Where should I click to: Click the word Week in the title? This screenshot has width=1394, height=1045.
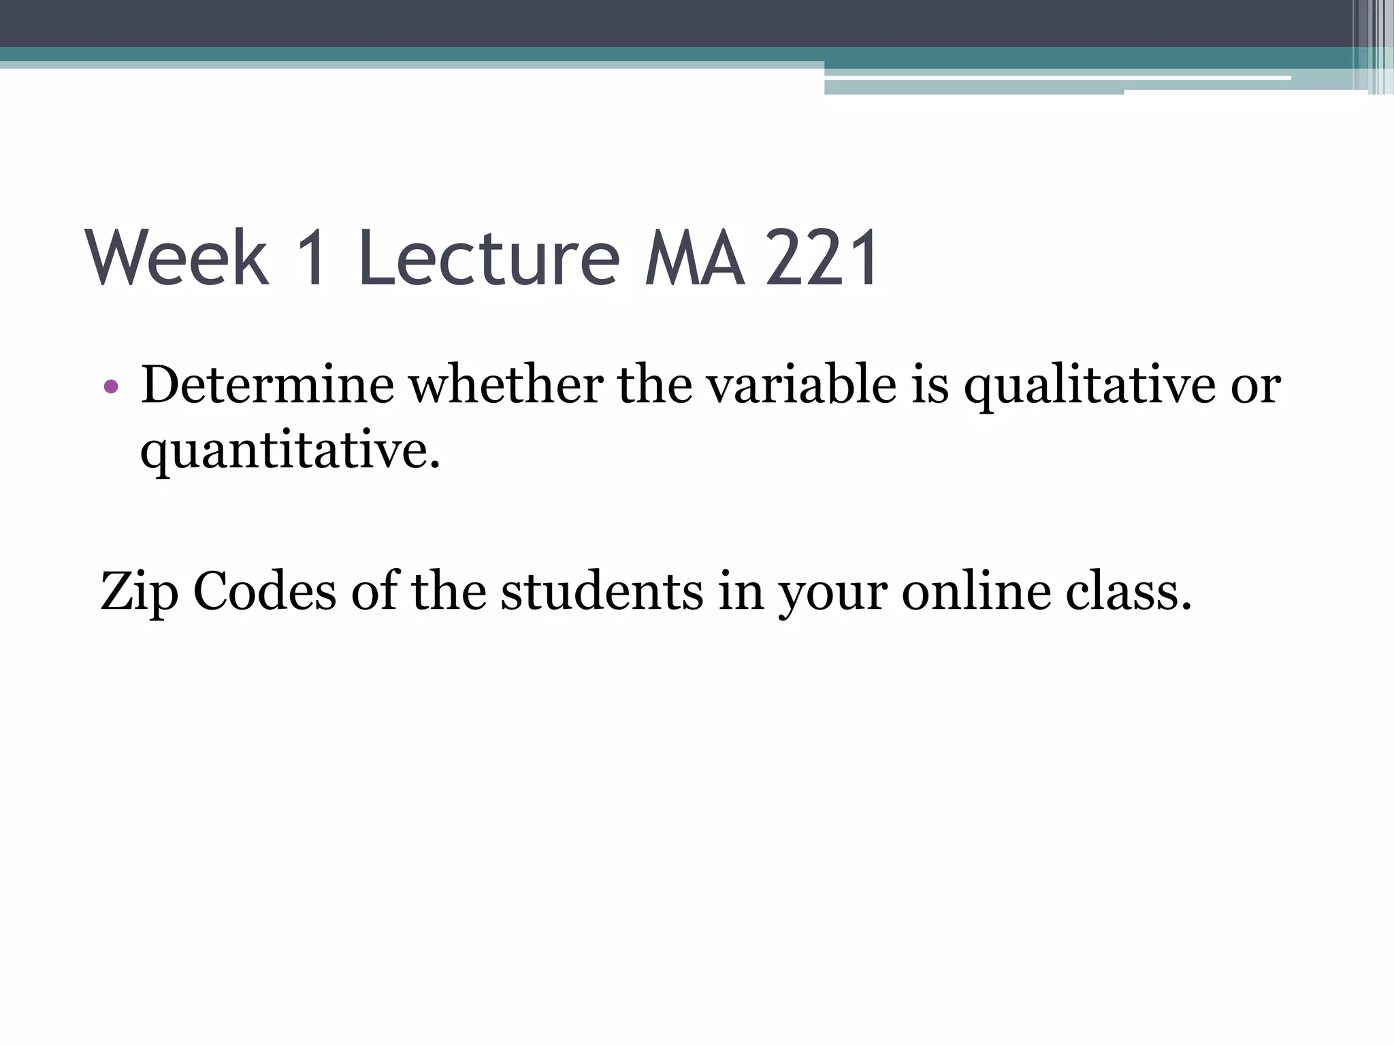click(178, 259)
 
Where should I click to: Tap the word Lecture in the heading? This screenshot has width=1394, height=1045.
click(489, 259)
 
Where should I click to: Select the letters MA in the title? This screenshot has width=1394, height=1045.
click(694, 259)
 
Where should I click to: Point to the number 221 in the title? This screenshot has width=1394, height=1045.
click(822, 259)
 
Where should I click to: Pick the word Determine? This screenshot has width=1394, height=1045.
click(268, 385)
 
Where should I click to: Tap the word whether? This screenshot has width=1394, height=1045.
click(506, 385)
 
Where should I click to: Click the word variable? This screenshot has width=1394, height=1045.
click(800, 385)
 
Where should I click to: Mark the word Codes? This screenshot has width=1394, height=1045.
click(265, 591)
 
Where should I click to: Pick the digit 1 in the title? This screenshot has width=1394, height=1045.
click(312, 259)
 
